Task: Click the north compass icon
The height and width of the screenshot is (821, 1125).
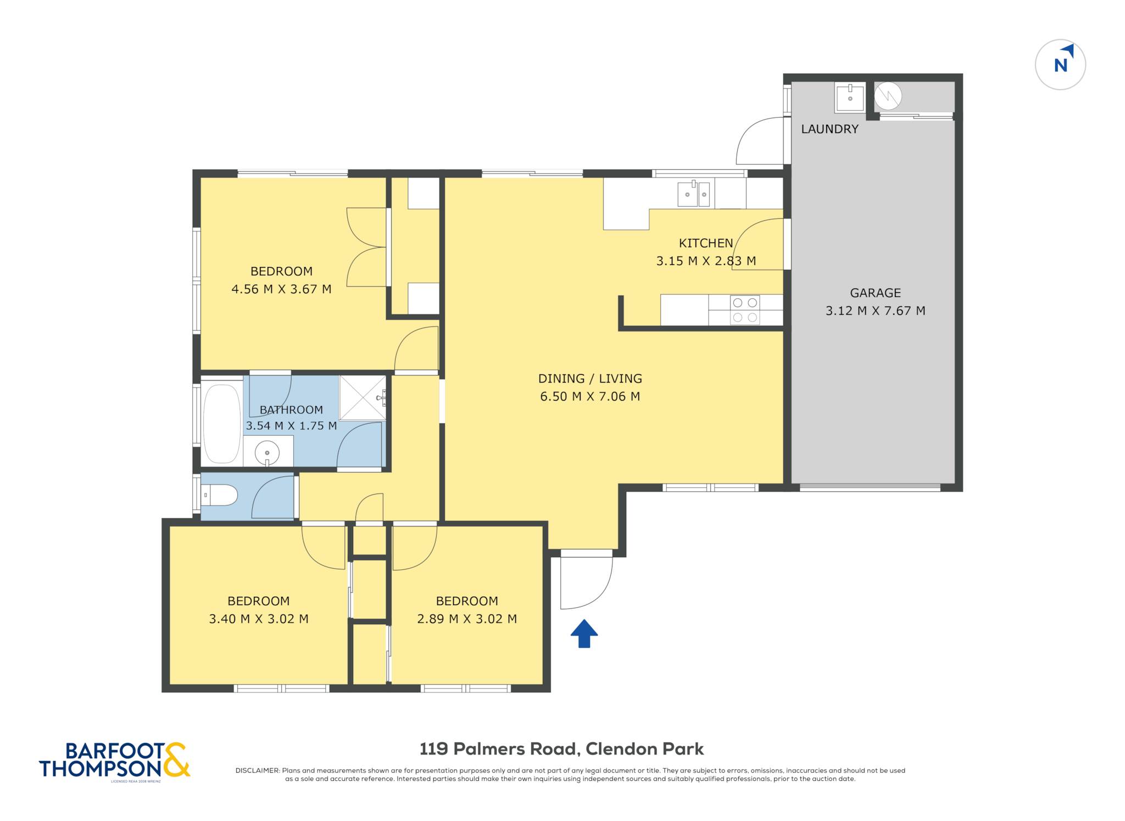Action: point(1060,64)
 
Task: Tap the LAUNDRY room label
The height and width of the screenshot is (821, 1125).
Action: point(829,129)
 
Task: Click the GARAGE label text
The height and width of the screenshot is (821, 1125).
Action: point(876,293)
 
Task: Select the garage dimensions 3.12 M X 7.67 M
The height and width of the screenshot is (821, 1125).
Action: point(876,310)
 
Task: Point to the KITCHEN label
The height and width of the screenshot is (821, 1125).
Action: point(706,243)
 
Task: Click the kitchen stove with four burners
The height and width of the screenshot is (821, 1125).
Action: point(745,310)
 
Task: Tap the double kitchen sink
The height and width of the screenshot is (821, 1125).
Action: point(694,194)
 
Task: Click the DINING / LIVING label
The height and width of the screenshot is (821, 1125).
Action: point(590,379)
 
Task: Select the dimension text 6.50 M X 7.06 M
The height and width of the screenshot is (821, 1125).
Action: point(590,396)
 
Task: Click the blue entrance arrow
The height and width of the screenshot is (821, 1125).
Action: point(584,634)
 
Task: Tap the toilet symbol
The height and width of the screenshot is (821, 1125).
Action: point(220,495)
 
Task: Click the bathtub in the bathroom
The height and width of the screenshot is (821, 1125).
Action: point(222,424)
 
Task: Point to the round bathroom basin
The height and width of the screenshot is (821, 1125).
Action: point(267,453)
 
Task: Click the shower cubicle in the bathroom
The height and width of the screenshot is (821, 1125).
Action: point(363,398)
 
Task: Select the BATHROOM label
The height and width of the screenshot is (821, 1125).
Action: point(291,410)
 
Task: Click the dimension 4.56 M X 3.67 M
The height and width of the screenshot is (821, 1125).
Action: point(281,289)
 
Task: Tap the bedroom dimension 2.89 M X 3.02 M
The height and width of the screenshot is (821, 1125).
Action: point(467,619)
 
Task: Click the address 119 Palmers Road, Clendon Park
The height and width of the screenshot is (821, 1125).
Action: point(561,749)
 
